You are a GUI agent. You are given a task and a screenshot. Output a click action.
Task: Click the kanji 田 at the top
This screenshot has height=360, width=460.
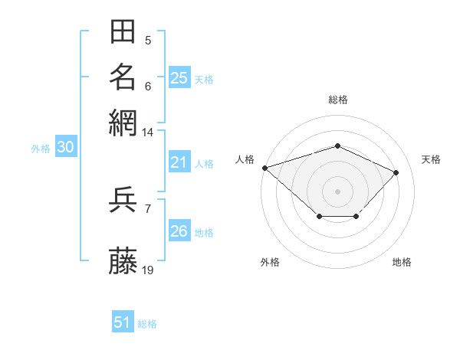[x=123, y=31]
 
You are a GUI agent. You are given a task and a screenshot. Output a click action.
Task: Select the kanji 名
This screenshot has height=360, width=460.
[x=123, y=77]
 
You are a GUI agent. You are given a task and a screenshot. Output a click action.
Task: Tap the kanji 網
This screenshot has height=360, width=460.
[x=123, y=123]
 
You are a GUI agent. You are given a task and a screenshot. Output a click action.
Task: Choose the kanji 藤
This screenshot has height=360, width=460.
[x=123, y=260]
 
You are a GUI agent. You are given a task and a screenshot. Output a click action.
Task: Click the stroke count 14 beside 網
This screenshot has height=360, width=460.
[x=147, y=133]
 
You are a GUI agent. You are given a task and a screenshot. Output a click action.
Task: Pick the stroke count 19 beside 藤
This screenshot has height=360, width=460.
[x=147, y=270]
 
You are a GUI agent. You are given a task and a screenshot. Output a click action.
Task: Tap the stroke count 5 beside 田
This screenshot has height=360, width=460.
[x=148, y=41]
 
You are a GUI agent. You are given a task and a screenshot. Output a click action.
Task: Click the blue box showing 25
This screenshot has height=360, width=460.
[x=179, y=77]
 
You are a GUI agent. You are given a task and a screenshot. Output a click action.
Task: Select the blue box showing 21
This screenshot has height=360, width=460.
[x=179, y=162]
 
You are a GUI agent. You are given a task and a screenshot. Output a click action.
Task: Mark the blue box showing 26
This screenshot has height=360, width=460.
[x=179, y=230]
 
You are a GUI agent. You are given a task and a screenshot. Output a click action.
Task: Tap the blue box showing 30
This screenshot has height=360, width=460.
[x=66, y=146]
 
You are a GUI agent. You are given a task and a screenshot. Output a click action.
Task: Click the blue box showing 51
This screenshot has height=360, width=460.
[x=123, y=321]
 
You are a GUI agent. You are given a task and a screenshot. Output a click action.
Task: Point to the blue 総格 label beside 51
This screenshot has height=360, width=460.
[x=147, y=324]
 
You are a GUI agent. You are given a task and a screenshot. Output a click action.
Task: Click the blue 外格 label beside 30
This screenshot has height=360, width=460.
[x=41, y=149]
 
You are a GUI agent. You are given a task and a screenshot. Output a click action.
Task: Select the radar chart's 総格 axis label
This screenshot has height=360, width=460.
[x=338, y=100]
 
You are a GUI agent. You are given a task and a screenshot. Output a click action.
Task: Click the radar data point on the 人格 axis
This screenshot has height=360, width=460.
[x=265, y=168]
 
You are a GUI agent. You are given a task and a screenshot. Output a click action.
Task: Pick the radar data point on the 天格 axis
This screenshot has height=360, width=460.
[x=396, y=172]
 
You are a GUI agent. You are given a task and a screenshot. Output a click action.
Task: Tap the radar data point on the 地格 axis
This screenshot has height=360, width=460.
[x=356, y=216]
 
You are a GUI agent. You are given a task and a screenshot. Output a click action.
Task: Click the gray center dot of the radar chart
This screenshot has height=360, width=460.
[x=337, y=191]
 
